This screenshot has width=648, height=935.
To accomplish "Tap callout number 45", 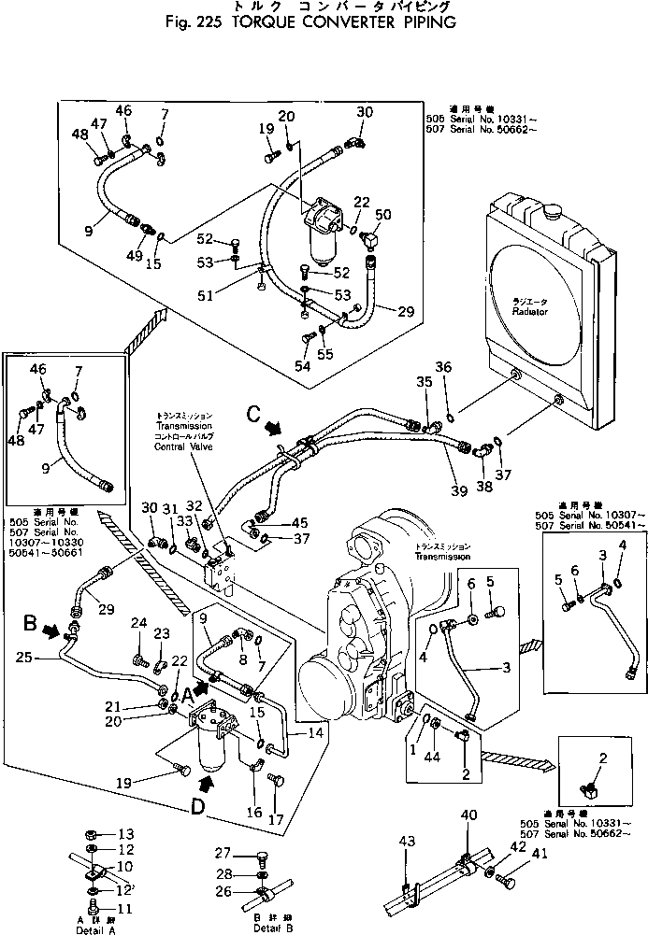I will pos(298,522).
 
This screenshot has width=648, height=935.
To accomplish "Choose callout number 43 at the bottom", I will pos(406,843).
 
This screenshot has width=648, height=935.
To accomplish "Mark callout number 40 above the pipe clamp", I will pos(468,815).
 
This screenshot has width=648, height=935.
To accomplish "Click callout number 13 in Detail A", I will pos(126,833).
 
